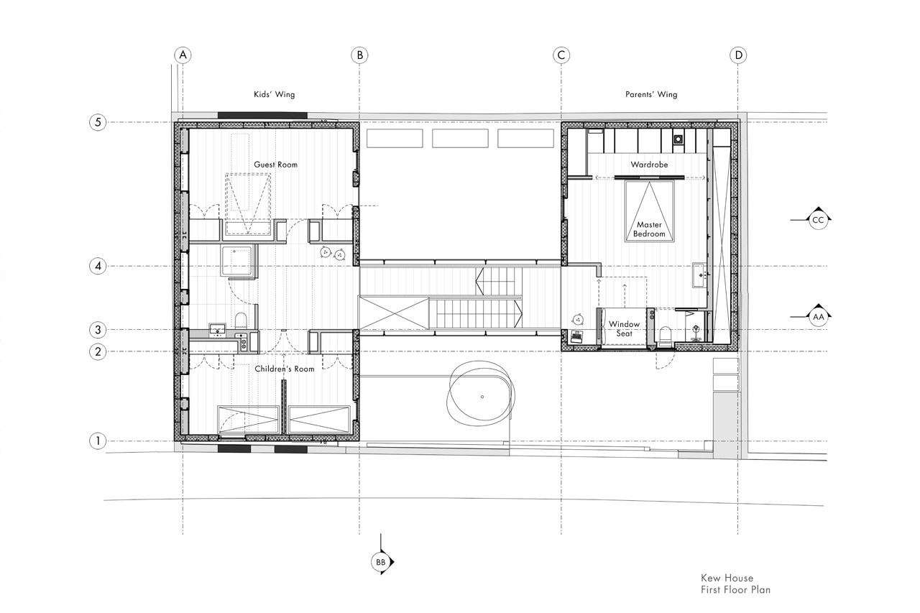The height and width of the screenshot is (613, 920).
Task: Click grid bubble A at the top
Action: click(x=183, y=55)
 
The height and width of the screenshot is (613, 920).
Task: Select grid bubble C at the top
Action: click(x=561, y=55)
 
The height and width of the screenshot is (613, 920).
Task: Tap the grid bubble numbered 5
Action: click(x=98, y=122)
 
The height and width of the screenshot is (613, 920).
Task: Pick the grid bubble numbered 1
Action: click(x=98, y=441)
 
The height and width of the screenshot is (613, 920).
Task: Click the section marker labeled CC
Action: click(x=818, y=220)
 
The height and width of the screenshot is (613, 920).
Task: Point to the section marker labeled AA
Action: click(x=818, y=316)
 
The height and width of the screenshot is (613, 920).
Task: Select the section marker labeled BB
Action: click(x=381, y=562)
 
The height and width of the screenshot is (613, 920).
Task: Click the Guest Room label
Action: click(x=275, y=165)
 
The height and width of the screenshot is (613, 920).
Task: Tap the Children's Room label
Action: click(x=284, y=369)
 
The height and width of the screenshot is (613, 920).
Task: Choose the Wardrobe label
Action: click(x=649, y=165)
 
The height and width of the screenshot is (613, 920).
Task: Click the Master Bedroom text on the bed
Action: click(x=649, y=229)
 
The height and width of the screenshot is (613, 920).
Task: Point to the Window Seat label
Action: click(x=624, y=329)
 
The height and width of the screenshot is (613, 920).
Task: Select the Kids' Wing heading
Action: click(x=275, y=94)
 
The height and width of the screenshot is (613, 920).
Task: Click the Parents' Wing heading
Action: click(x=651, y=94)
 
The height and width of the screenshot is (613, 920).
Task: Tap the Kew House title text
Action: click(x=727, y=578)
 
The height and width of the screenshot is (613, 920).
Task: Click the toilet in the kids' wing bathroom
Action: click(x=241, y=321)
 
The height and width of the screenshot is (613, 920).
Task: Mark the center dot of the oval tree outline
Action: click(x=482, y=397)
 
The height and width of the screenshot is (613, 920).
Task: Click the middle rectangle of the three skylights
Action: click(x=460, y=139)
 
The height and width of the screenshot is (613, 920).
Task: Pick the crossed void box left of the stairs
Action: click(x=393, y=313)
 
